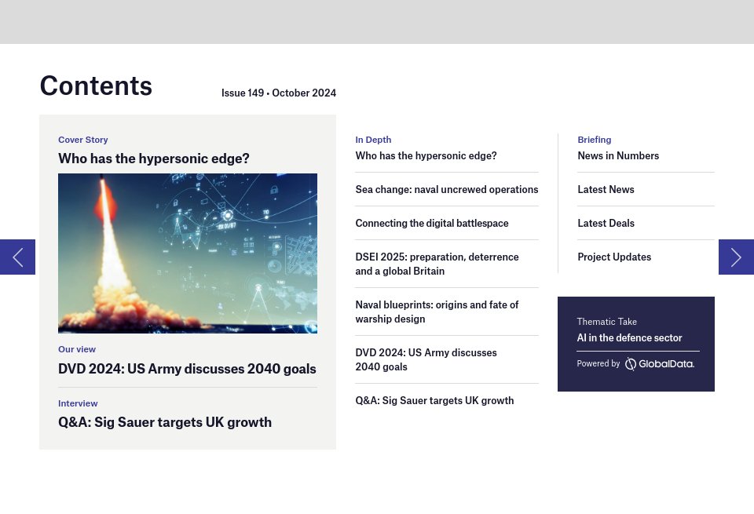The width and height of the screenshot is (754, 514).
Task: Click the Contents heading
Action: coord(96,86)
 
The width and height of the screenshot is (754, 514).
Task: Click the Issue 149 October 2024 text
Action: coord(278,93)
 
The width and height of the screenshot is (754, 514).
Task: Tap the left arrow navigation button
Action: coord(17,257)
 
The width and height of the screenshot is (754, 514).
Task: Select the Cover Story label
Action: coord(82,140)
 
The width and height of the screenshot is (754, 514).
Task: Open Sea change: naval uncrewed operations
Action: coord(447,189)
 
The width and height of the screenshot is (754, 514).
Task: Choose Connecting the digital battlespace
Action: coord(432,223)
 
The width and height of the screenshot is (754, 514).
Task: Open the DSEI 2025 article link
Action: coord(437,264)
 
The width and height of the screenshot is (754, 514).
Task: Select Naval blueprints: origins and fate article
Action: coord(437,312)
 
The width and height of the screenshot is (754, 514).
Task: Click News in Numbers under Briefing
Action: coord(618,155)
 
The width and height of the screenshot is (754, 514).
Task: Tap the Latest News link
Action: coord(606,189)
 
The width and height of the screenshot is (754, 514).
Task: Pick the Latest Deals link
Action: coord(606,223)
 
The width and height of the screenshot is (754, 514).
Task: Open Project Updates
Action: coord(614,257)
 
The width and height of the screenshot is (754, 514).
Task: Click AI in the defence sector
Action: coord(629,337)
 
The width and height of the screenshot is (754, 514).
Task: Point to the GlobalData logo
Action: coord(659,364)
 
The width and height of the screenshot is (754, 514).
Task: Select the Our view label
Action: coord(77,349)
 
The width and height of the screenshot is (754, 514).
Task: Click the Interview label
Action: coord(78,403)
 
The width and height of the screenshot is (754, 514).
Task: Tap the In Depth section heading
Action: coord(373,140)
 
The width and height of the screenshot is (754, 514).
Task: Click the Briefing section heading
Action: coord(595,140)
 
